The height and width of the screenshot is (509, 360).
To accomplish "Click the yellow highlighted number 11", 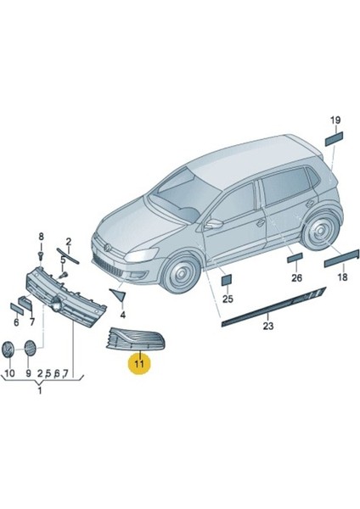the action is pos(139,364).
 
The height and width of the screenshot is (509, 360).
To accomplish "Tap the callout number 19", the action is pos(335,120).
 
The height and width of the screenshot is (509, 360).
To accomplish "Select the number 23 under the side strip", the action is pos(268,326).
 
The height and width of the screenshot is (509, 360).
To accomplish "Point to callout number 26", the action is pos(296,278).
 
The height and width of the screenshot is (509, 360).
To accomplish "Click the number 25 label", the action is pos(228,299).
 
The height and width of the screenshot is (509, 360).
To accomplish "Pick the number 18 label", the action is pos(342,277).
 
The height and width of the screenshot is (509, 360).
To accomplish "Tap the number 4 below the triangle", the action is pos(122,315).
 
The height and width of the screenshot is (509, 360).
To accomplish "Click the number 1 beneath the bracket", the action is pos(40,390).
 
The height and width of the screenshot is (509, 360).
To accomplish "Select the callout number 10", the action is pos(9,373).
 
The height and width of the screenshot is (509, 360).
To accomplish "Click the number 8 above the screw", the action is pos(41,237).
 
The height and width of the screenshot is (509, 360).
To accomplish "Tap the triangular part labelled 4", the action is pos(118,294).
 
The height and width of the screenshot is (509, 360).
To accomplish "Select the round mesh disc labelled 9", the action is pos(30,348).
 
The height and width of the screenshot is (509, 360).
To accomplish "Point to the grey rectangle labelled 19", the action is pos(334,138).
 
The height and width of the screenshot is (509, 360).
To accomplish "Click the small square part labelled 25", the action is pos(227,280).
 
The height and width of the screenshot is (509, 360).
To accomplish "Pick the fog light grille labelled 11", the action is pos(137,339).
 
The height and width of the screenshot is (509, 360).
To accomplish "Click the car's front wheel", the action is pos(181,272).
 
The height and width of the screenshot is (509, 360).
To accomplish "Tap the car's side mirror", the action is pos(215,223).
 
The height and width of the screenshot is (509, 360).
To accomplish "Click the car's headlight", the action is pos(142,255).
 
